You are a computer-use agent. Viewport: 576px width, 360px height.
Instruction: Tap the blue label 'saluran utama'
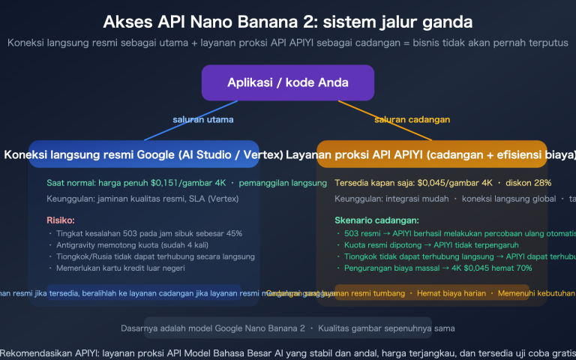(202, 119)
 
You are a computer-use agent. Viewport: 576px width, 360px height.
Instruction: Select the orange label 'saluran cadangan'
(412, 119)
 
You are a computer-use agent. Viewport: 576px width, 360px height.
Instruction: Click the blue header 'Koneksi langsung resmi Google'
(144, 155)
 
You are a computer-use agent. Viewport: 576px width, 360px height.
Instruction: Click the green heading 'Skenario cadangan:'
(376, 220)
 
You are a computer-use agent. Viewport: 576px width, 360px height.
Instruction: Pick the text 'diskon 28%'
(529, 183)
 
